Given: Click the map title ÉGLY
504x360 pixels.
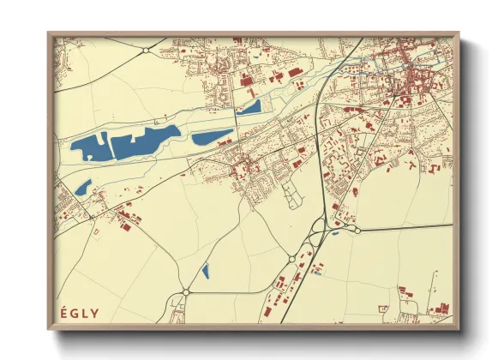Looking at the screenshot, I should tap(78, 311).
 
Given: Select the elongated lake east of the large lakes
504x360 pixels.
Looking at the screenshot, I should tap(212, 136).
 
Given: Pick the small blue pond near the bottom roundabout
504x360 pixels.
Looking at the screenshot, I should tap(205, 272).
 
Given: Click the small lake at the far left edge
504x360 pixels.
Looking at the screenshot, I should tap(83, 186).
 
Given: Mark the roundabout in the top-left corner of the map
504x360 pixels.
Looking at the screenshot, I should tap(146, 51).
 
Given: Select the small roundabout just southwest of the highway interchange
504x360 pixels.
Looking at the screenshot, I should tap(292, 258).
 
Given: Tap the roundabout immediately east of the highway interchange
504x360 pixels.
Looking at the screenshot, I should tap(357, 229).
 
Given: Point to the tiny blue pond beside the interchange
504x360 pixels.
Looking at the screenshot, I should tap(335, 232).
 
